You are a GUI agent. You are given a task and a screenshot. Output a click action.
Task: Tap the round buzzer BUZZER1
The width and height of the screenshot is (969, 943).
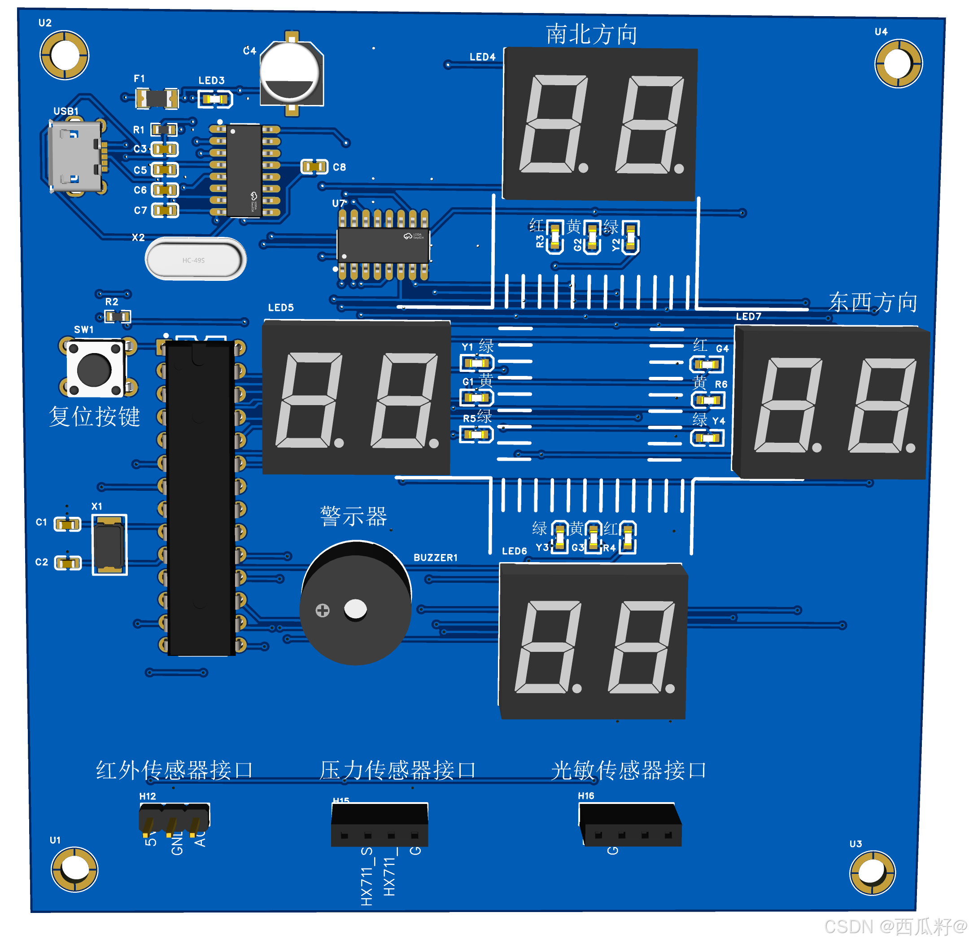tap(355, 603)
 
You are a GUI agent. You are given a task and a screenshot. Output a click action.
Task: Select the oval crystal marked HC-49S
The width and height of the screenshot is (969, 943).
tap(195, 259)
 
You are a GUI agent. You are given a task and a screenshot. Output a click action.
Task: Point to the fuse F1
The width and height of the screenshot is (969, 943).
tap(157, 98)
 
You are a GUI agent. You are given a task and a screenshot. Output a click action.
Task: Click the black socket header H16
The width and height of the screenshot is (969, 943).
tap(630, 825)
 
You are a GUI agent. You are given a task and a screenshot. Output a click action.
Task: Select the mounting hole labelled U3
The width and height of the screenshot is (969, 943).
tap(872, 873)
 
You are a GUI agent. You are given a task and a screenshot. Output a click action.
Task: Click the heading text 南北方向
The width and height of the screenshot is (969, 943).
tap(591, 34)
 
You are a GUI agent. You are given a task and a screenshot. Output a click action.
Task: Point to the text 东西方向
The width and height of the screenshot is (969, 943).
tap(873, 301)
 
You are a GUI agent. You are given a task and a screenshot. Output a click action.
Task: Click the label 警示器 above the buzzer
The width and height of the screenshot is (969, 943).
tap(353, 516)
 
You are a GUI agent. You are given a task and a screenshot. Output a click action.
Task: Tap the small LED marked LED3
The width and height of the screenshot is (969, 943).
tap(215, 99)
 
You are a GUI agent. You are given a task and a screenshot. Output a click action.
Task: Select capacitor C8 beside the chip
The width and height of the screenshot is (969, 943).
tap(314, 166)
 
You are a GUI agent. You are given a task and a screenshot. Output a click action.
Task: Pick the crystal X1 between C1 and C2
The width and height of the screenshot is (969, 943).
tap(109, 545)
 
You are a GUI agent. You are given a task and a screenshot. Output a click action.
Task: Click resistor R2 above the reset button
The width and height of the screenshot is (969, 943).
tap(118, 316)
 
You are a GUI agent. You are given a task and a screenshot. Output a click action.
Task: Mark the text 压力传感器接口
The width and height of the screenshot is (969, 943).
tap(397, 770)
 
